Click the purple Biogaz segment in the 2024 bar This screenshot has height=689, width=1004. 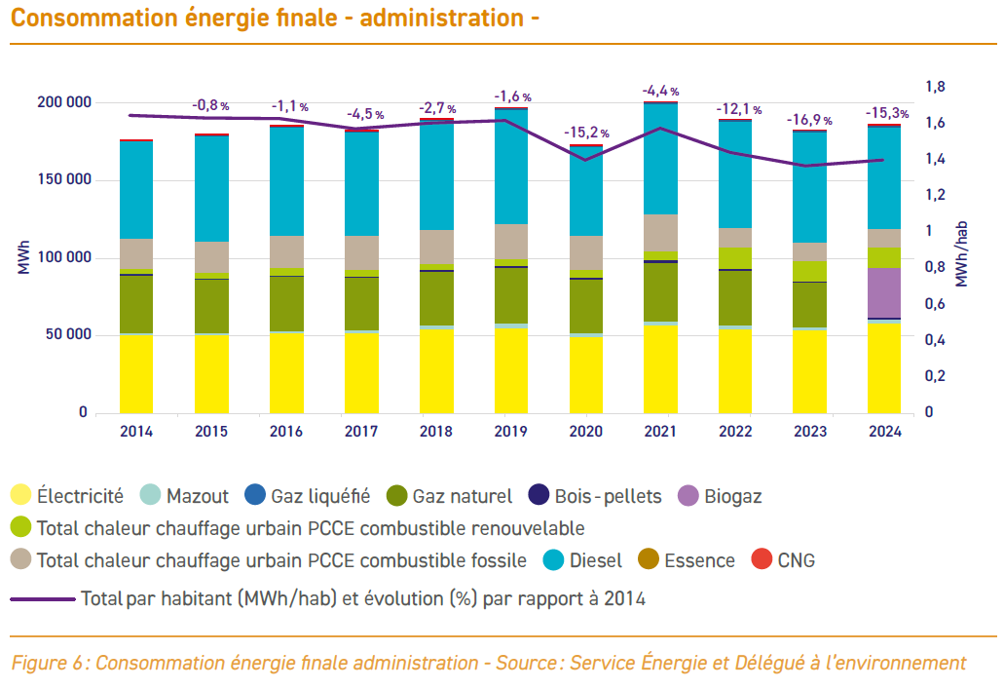coord(884,292)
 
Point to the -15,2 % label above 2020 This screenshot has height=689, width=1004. coord(586,133)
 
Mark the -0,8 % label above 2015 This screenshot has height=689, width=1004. coord(209,105)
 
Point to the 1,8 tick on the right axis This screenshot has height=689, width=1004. coord(935,88)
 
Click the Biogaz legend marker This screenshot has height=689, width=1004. coord(690,496)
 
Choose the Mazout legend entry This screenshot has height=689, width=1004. coord(185,496)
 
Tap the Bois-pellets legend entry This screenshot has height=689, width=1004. coord(594,496)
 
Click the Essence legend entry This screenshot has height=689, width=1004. coord(687,560)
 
